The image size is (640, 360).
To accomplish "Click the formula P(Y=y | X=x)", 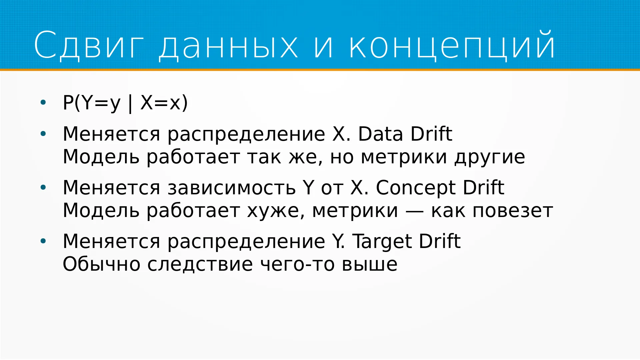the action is [x=125, y=103].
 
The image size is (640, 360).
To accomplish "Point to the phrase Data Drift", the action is [x=405, y=134].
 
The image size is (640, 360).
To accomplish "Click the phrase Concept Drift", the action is [x=440, y=188].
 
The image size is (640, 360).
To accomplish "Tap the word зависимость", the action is [x=232, y=188].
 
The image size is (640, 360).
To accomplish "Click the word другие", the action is [x=490, y=158].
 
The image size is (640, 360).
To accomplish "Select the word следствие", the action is [x=200, y=265].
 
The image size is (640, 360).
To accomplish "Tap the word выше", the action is [x=370, y=265].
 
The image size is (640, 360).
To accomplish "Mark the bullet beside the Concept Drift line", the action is [x=43, y=188].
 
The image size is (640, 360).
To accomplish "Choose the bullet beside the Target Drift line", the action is [x=43, y=241].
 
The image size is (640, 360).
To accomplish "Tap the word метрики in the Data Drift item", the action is [x=404, y=158].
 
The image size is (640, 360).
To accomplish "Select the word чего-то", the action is [x=297, y=265].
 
